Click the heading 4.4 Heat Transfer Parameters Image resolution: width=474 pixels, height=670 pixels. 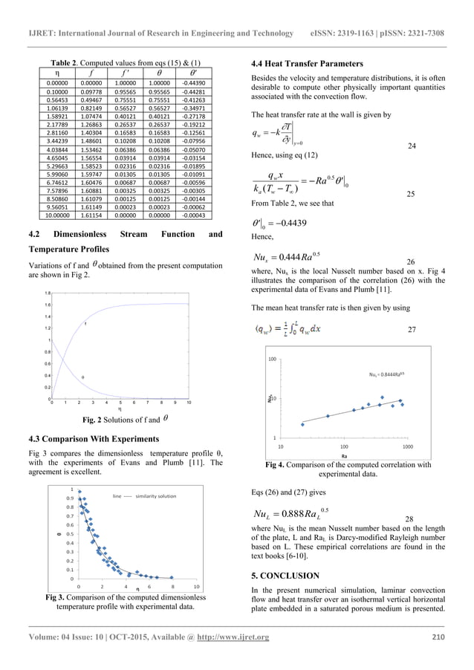[x=308, y=64]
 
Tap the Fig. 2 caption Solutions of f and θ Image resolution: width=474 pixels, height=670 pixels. [x=124, y=418]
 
